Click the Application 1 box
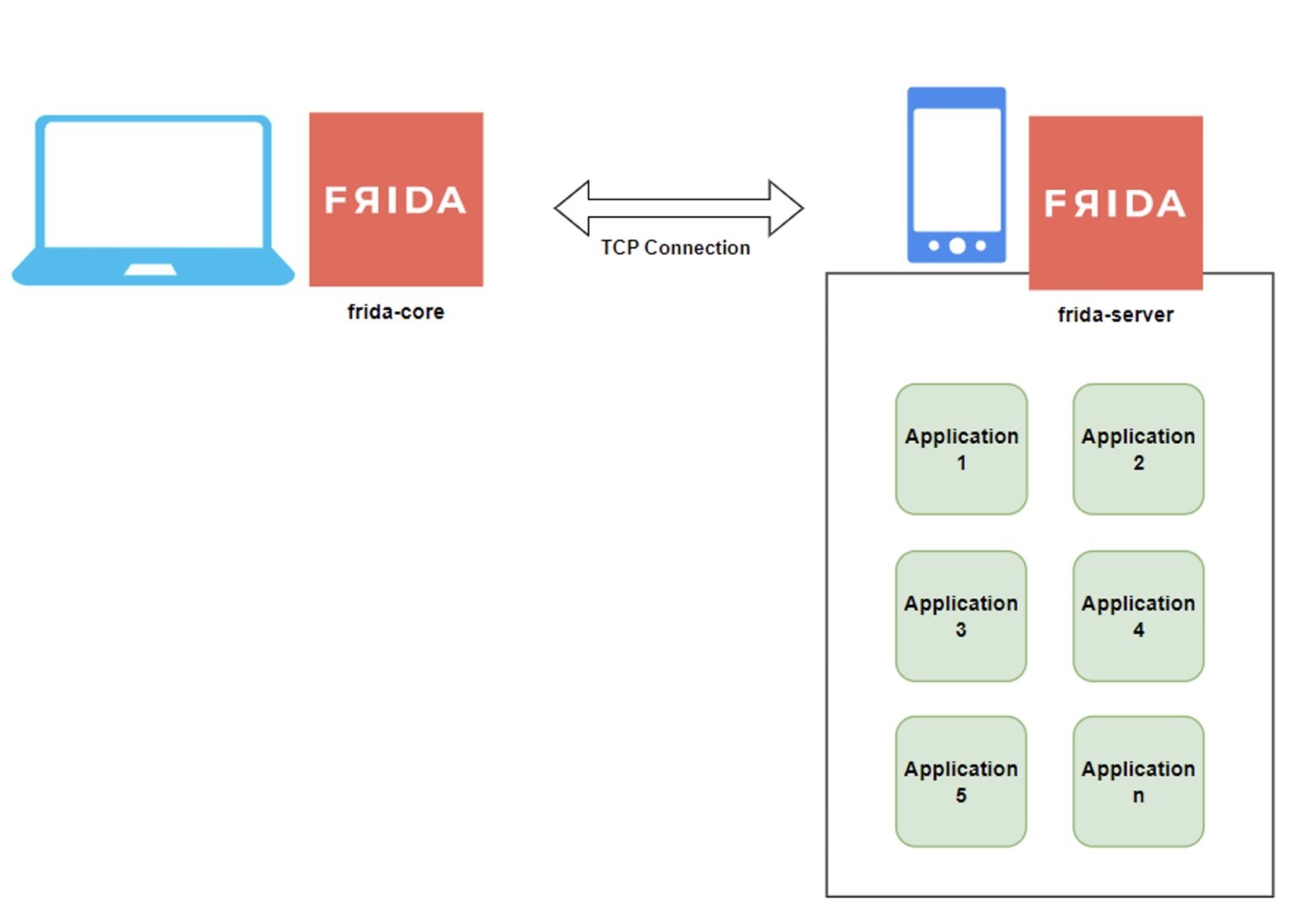tap(961, 449)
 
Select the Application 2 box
tap(1138, 449)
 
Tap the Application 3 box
tap(961, 615)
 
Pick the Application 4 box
tap(1138, 615)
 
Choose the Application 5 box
tap(961, 781)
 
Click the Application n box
tap(1138, 781)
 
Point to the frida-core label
tap(396, 312)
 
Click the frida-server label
tap(1115, 314)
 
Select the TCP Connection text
tap(675, 247)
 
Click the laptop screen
tap(154, 183)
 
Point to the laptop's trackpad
tap(150, 270)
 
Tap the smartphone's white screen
tap(956, 168)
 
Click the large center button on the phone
tap(956, 245)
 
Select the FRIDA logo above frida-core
tap(396, 199)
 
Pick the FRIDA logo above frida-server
tap(1115, 203)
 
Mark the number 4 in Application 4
tap(1138, 630)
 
